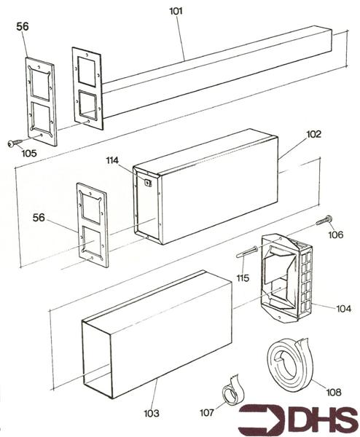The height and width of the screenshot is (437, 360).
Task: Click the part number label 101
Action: pos(176,12)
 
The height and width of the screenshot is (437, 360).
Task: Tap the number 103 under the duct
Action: pos(151,413)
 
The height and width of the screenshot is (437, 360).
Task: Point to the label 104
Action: pos(343,309)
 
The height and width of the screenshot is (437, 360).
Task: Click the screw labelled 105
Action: pos(12,143)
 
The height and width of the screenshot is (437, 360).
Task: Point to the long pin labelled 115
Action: pos(246,253)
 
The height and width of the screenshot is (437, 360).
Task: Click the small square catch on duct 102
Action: pos(147,183)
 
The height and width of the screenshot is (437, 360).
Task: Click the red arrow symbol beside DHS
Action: pos(259,420)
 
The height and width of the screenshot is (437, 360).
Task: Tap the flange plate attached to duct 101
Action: pos(87,87)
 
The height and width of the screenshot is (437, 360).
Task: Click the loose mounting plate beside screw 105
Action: pos(41,102)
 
